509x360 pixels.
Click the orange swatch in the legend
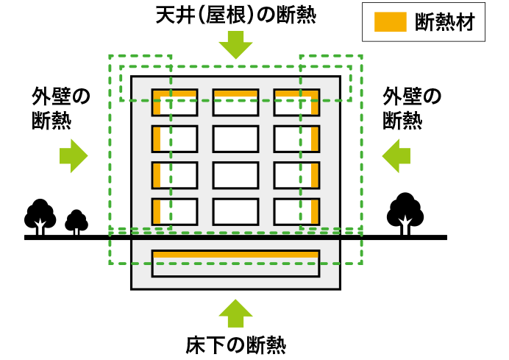pos(390,22)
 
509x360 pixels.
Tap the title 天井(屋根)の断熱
pos(235,15)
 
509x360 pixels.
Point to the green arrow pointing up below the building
pos(235,312)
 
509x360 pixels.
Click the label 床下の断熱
pos(235,344)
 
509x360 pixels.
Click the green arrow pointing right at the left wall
pos(73,155)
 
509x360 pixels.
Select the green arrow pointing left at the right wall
pos(396,155)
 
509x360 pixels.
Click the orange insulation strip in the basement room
pos(235,254)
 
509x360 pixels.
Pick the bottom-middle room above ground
pos(235,211)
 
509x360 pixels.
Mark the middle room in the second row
pos(235,138)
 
